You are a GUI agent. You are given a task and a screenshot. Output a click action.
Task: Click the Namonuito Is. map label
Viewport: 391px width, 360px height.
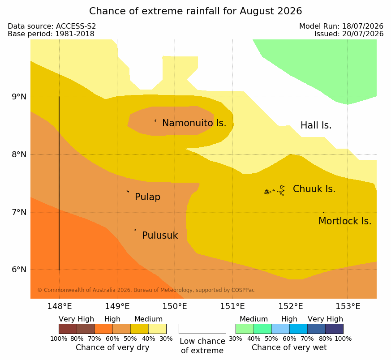pyautogui.click(x=194, y=123)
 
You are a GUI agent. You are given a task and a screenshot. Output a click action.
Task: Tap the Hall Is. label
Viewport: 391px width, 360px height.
pyautogui.click(x=316, y=125)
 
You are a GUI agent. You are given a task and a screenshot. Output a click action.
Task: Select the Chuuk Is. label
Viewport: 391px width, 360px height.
pyautogui.click(x=314, y=189)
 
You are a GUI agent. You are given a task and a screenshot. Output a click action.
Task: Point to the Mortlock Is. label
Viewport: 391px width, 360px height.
pyautogui.click(x=345, y=221)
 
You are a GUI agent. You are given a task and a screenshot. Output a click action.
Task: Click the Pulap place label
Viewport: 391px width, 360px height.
pyautogui.click(x=148, y=197)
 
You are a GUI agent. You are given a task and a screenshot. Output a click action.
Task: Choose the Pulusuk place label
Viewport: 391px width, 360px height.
pyautogui.click(x=160, y=236)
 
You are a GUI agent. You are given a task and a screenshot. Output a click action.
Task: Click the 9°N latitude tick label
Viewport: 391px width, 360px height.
pyautogui.click(x=19, y=97)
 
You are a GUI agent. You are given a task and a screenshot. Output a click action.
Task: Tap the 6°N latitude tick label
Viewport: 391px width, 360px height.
pyautogui.click(x=19, y=270)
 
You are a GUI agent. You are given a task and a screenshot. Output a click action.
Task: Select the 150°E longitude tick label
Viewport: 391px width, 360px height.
pyautogui.click(x=175, y=306)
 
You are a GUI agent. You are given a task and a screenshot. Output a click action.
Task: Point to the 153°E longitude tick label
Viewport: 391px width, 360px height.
pyautogui.click(x=348, y=306)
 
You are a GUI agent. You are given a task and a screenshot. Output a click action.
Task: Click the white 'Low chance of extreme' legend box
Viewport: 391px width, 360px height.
pyautogui.click(x=202, y=329)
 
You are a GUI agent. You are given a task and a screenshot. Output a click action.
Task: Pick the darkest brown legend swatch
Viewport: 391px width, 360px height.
pyautogui.click(x=68, y=329)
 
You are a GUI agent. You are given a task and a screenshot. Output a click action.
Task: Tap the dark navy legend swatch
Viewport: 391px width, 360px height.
pyautogui.click(x=334, y=329)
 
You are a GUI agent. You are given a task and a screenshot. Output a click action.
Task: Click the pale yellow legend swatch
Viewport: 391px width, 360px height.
pyautogui.click(x=157, y=329)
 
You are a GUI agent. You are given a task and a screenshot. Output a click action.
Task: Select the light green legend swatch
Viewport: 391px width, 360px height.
pyautogui.click(x=245, y=329)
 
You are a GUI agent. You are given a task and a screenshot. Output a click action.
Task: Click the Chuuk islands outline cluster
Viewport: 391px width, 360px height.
pyautogui.click(x=275, y=191)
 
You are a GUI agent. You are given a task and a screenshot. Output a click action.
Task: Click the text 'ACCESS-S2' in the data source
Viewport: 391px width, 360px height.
pyautogui.click(x=76, y=26)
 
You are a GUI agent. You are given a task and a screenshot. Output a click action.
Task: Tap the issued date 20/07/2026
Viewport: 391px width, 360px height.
pyautogui.click(x=363, y=34)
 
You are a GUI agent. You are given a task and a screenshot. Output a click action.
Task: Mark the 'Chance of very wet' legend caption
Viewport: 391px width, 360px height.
pyautogui.click(x=289, y=347)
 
